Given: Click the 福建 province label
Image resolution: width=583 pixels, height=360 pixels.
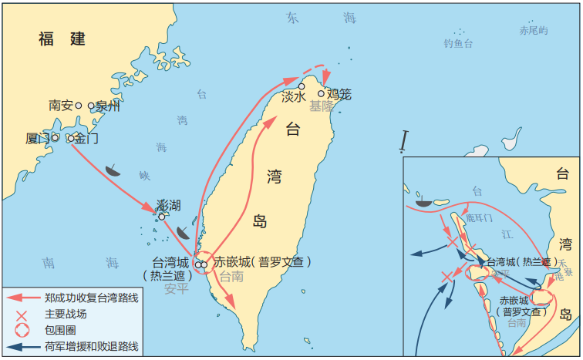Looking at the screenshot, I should coord(62,39).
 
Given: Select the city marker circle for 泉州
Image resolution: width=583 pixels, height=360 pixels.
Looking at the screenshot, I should coord(91,106).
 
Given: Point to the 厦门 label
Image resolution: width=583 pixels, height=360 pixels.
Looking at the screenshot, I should coord(37,139).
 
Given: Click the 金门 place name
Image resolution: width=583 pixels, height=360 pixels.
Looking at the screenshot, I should coord(87,139).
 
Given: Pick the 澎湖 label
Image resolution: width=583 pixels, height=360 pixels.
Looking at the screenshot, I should coord(168,205).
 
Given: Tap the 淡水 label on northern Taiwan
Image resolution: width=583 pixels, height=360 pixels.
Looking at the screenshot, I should coord(293,96).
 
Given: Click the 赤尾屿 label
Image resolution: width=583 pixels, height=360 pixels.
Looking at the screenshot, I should coord(533,31).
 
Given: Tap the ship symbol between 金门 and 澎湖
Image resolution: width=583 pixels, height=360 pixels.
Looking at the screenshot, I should coord(113,171).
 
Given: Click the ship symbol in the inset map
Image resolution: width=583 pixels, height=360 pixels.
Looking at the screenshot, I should coord(423,202).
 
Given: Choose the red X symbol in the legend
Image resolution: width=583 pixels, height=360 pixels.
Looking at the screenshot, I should coord(22,315).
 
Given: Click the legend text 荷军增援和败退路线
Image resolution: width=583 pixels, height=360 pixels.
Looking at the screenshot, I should coord(91,346).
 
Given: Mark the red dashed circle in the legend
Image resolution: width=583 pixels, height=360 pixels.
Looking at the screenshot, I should coord(22,330).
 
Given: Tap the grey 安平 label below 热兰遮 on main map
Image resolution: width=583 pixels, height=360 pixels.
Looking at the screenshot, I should coord(176,289).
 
